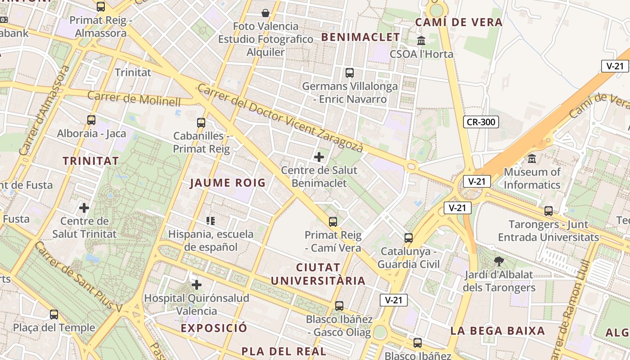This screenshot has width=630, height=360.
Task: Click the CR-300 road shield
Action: pyautogui.click(x=481, y=121)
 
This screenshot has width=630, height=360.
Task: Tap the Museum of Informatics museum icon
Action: pyautogui.click(x=532, y=158)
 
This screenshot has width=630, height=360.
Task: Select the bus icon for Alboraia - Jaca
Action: pyautogui.click(x=91, y=120)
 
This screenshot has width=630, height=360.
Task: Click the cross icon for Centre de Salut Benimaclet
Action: pyautogui.click(x=319, y=157)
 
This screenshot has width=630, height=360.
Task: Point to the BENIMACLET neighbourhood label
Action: pyautogui.click(x=360, y=37)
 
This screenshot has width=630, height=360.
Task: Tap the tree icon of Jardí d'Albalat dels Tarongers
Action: pyautogui.click(x=499, y=261)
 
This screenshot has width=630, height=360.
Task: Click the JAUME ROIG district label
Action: pyautogui.click(x=228, y=183)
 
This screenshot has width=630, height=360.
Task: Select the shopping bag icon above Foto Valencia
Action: pyautogui.click(x=265, y=13)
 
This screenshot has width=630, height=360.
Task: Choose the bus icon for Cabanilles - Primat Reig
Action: pyautogui.click(x=201, y=122)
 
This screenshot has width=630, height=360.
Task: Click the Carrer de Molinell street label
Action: pyautogui.click(x=134, y=98)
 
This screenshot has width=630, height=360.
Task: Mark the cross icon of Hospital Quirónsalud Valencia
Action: pyautogui.click(x=196, y=285)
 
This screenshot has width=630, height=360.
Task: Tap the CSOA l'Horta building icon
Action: pyautogui.click(x=421, y=41)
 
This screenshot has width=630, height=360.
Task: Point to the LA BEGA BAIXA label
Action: pyautogui.click(x=497, y=331)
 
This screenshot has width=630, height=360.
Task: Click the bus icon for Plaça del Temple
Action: pyautogui.click(x=54, y=314)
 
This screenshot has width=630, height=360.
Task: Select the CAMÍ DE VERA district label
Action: pyautogui.click(x=459, y=22)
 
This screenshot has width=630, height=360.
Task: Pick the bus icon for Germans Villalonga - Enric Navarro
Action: pyautogui.click(x=350, y=72)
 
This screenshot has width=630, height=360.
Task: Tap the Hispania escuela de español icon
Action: pyautogui.click(x=211, y=220)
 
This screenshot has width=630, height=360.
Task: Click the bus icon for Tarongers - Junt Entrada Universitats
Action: pyautogui.click(x=548, y=211)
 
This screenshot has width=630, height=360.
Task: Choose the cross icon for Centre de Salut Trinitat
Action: pyautogui.click(x=84, y=208)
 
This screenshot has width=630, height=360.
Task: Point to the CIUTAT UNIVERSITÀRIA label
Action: pyautogui.click(x=318, y=274)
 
